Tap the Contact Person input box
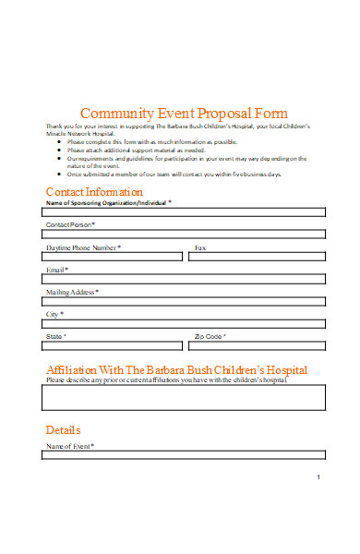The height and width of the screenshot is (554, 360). click(185, 234)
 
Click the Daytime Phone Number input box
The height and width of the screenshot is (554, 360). click(113, 257)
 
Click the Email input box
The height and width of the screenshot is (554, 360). click(185, 279)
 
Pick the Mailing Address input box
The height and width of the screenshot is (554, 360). click(185, 301)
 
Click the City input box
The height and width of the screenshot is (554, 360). click(185, 323)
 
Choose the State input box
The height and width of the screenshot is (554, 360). click(113, 346)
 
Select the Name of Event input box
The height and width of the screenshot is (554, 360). click(185, 454)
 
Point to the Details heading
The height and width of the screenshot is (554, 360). click(64, 430)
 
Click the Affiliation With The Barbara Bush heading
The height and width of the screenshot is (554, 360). click(176, 369)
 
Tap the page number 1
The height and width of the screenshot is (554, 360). click(318, 476)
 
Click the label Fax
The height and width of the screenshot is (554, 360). click(199, 247)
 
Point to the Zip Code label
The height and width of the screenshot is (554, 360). click(210, 337)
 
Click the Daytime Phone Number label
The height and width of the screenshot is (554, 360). click(83, 247)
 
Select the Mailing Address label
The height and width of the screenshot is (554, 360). click(72, 292)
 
